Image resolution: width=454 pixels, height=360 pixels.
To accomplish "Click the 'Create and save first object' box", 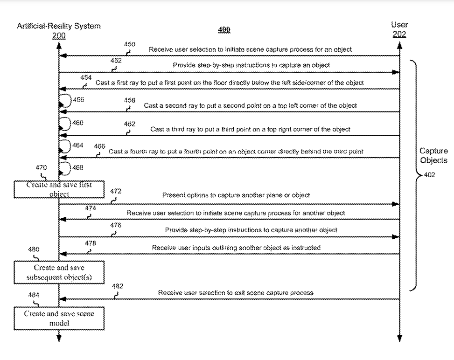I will pos(59,189).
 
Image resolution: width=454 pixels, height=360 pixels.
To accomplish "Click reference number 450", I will pos(130,45).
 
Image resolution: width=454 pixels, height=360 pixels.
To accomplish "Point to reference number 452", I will pos(116,61).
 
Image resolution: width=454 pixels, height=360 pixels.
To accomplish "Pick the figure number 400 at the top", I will pos(224,30).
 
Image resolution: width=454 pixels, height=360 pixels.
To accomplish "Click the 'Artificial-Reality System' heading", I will pos(59,26).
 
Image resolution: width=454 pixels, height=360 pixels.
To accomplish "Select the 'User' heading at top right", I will pos(399,25).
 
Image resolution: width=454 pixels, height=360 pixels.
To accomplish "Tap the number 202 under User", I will pos(399,34).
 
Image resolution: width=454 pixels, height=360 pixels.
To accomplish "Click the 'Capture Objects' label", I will pos(433,156).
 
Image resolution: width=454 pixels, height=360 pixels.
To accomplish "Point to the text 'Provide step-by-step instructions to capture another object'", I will pos(251,230).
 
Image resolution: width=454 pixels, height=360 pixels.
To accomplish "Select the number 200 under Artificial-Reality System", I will pos(59,35).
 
